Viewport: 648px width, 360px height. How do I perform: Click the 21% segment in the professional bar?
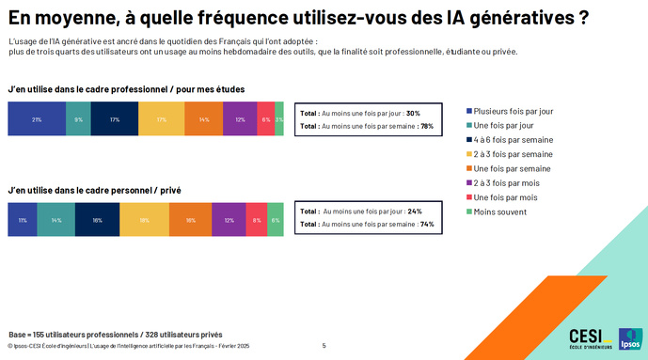pos(37,120)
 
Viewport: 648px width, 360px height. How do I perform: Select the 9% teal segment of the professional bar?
pos(79,120)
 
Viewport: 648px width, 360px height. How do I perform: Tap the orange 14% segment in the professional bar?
pos(204,120)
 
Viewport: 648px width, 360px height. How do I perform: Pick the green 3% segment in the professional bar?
pos(279,120)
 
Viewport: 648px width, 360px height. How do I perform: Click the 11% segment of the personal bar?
pos(23,219)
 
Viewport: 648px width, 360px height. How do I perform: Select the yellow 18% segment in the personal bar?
pos(144,219)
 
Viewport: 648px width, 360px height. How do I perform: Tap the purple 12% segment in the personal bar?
pos(229,219)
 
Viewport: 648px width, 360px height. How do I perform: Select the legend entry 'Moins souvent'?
pos(498,211)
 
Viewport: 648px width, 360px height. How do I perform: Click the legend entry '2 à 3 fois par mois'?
pos(506,182)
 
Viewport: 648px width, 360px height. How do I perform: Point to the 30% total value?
pos(413,113)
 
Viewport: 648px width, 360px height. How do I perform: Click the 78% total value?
pos(426,125)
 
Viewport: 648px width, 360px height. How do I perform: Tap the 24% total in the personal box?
pos(415,211)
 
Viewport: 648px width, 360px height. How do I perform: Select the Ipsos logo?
pos(629,339)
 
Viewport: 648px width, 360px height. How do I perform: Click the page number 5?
pos(324,346)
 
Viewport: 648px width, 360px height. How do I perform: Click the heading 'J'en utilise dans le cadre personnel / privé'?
pos(94,190)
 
